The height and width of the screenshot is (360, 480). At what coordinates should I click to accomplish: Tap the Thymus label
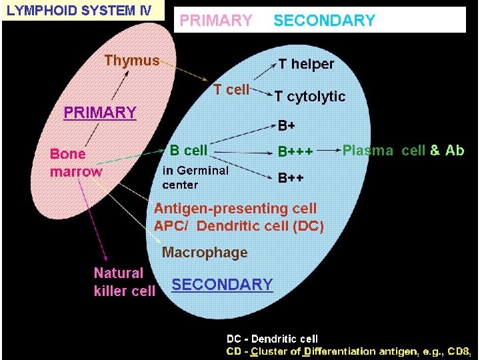tap(132, 61)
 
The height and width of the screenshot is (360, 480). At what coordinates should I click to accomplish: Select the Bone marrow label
tap(76, 163)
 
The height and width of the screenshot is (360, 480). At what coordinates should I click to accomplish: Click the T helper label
tap(306, 64)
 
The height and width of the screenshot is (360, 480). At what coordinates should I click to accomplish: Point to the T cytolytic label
tap(310, 97)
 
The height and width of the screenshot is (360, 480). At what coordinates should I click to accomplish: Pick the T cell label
tap(231, 90)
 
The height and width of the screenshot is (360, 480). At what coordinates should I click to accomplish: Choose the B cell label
tap(189, 151)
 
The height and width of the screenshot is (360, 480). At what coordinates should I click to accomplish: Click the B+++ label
tap(295, 153)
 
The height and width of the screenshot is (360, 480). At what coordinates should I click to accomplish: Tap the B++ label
tap(291, 178)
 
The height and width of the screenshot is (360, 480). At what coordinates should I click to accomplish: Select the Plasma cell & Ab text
tap(403, 150)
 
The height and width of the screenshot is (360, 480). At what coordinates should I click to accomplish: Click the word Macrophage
tap(205, 253)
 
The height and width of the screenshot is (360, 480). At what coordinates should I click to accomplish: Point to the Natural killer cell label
tap(124, 281)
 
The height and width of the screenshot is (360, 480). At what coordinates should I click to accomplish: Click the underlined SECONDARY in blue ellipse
tap(222, 285)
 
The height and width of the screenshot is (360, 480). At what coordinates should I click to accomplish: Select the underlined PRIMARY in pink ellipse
tap(99, 113)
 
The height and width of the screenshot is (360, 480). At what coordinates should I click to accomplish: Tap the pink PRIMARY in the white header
tap(216, 21)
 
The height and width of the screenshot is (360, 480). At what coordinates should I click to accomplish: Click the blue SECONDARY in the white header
tap(324, 21)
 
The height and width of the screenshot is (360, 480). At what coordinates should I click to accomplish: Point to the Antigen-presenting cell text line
tap(235, 209)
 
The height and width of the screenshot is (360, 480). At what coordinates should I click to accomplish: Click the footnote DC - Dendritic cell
tap(272, 339)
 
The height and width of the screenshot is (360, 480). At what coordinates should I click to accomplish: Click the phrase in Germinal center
tap(195, 177)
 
